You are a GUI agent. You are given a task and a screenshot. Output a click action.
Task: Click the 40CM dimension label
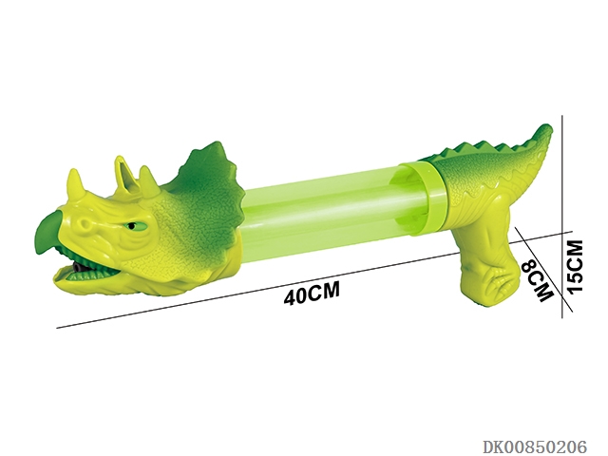[x=312, y=294]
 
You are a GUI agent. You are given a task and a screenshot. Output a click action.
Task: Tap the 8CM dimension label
[x=537, y=280]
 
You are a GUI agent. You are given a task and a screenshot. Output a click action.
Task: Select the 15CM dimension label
[x=575, y=266]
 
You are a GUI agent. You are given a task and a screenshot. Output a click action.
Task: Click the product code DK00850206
[x=535, y=446]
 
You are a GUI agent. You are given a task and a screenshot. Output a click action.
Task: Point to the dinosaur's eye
[x=133, y=226]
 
